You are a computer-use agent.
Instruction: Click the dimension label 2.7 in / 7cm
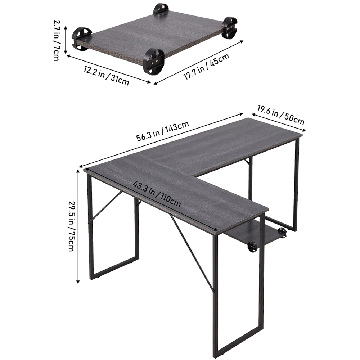(56, 40)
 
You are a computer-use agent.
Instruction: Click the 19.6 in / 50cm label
(281, 114)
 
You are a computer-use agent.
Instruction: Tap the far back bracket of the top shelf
(161, 9)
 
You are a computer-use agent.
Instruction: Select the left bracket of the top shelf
(81, 38)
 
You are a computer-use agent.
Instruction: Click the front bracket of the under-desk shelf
(252, 247)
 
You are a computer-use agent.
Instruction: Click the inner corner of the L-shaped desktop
(194, 176)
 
